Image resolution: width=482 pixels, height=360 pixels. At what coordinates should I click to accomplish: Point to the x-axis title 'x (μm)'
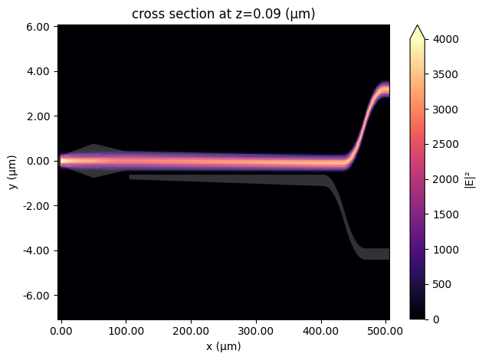[x=223, y=347]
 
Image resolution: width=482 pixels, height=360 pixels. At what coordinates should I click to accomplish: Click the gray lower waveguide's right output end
[x=385, y=254]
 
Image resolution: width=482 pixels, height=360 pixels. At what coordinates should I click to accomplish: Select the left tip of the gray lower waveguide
[x=131, y=177]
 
